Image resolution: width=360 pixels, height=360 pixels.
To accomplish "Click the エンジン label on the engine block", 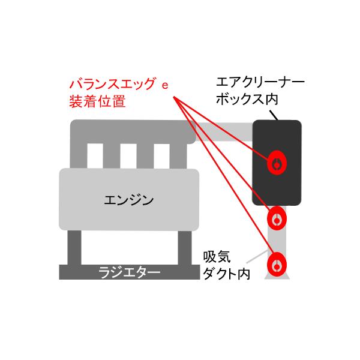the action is (129, 199).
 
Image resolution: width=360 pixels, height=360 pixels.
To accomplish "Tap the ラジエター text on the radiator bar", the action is (129, 273).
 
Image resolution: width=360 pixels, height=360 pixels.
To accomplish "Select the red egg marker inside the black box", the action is (277, 163).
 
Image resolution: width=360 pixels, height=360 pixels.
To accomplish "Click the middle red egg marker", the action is (277, 218).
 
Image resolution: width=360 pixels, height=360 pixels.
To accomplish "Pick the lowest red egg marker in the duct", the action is (277, 264).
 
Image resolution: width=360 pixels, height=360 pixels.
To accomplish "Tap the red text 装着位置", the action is (97, 101).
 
